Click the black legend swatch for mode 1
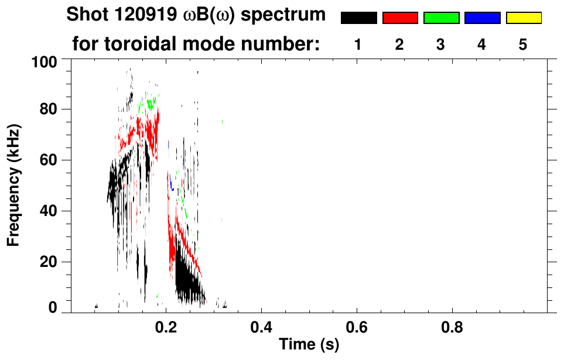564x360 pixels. point(358,18)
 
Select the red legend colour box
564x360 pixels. point(400,18)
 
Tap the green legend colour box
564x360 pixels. point(441,18)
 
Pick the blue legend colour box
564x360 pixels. point(482,18)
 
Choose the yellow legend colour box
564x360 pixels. point(524,18)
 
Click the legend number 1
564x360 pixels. point(358,45)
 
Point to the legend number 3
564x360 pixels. point(440,45)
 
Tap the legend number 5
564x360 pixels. point(523,45)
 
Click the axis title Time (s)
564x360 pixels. point(309,345)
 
